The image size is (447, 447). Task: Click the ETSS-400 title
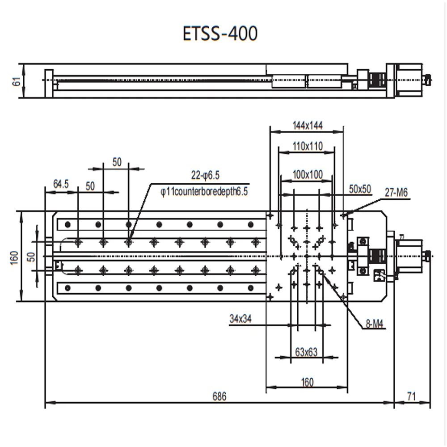[220, 34]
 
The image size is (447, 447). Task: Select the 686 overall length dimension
[219, 396]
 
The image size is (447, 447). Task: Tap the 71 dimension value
[412, 396]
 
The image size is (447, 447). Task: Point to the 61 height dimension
[17, 81]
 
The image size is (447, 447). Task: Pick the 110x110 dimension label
[308, 146]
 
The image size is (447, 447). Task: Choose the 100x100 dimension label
[308, 175]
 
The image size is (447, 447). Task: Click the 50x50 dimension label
[360, 189]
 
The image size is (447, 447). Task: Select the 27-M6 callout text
[396, 193]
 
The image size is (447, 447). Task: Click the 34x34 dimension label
[240, 319]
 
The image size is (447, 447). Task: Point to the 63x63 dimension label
[306, 352]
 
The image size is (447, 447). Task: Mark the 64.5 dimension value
[61, 184]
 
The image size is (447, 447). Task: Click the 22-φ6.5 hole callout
[206, 175]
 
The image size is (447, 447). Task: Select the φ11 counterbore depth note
[204, 192]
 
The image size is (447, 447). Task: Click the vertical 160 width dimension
[14, 257]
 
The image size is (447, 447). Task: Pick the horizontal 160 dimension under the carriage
[307, 382]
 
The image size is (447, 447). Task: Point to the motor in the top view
[409, 256]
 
